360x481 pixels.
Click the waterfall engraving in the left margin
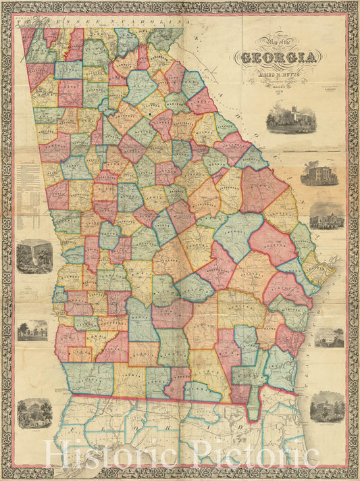(34, 257)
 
